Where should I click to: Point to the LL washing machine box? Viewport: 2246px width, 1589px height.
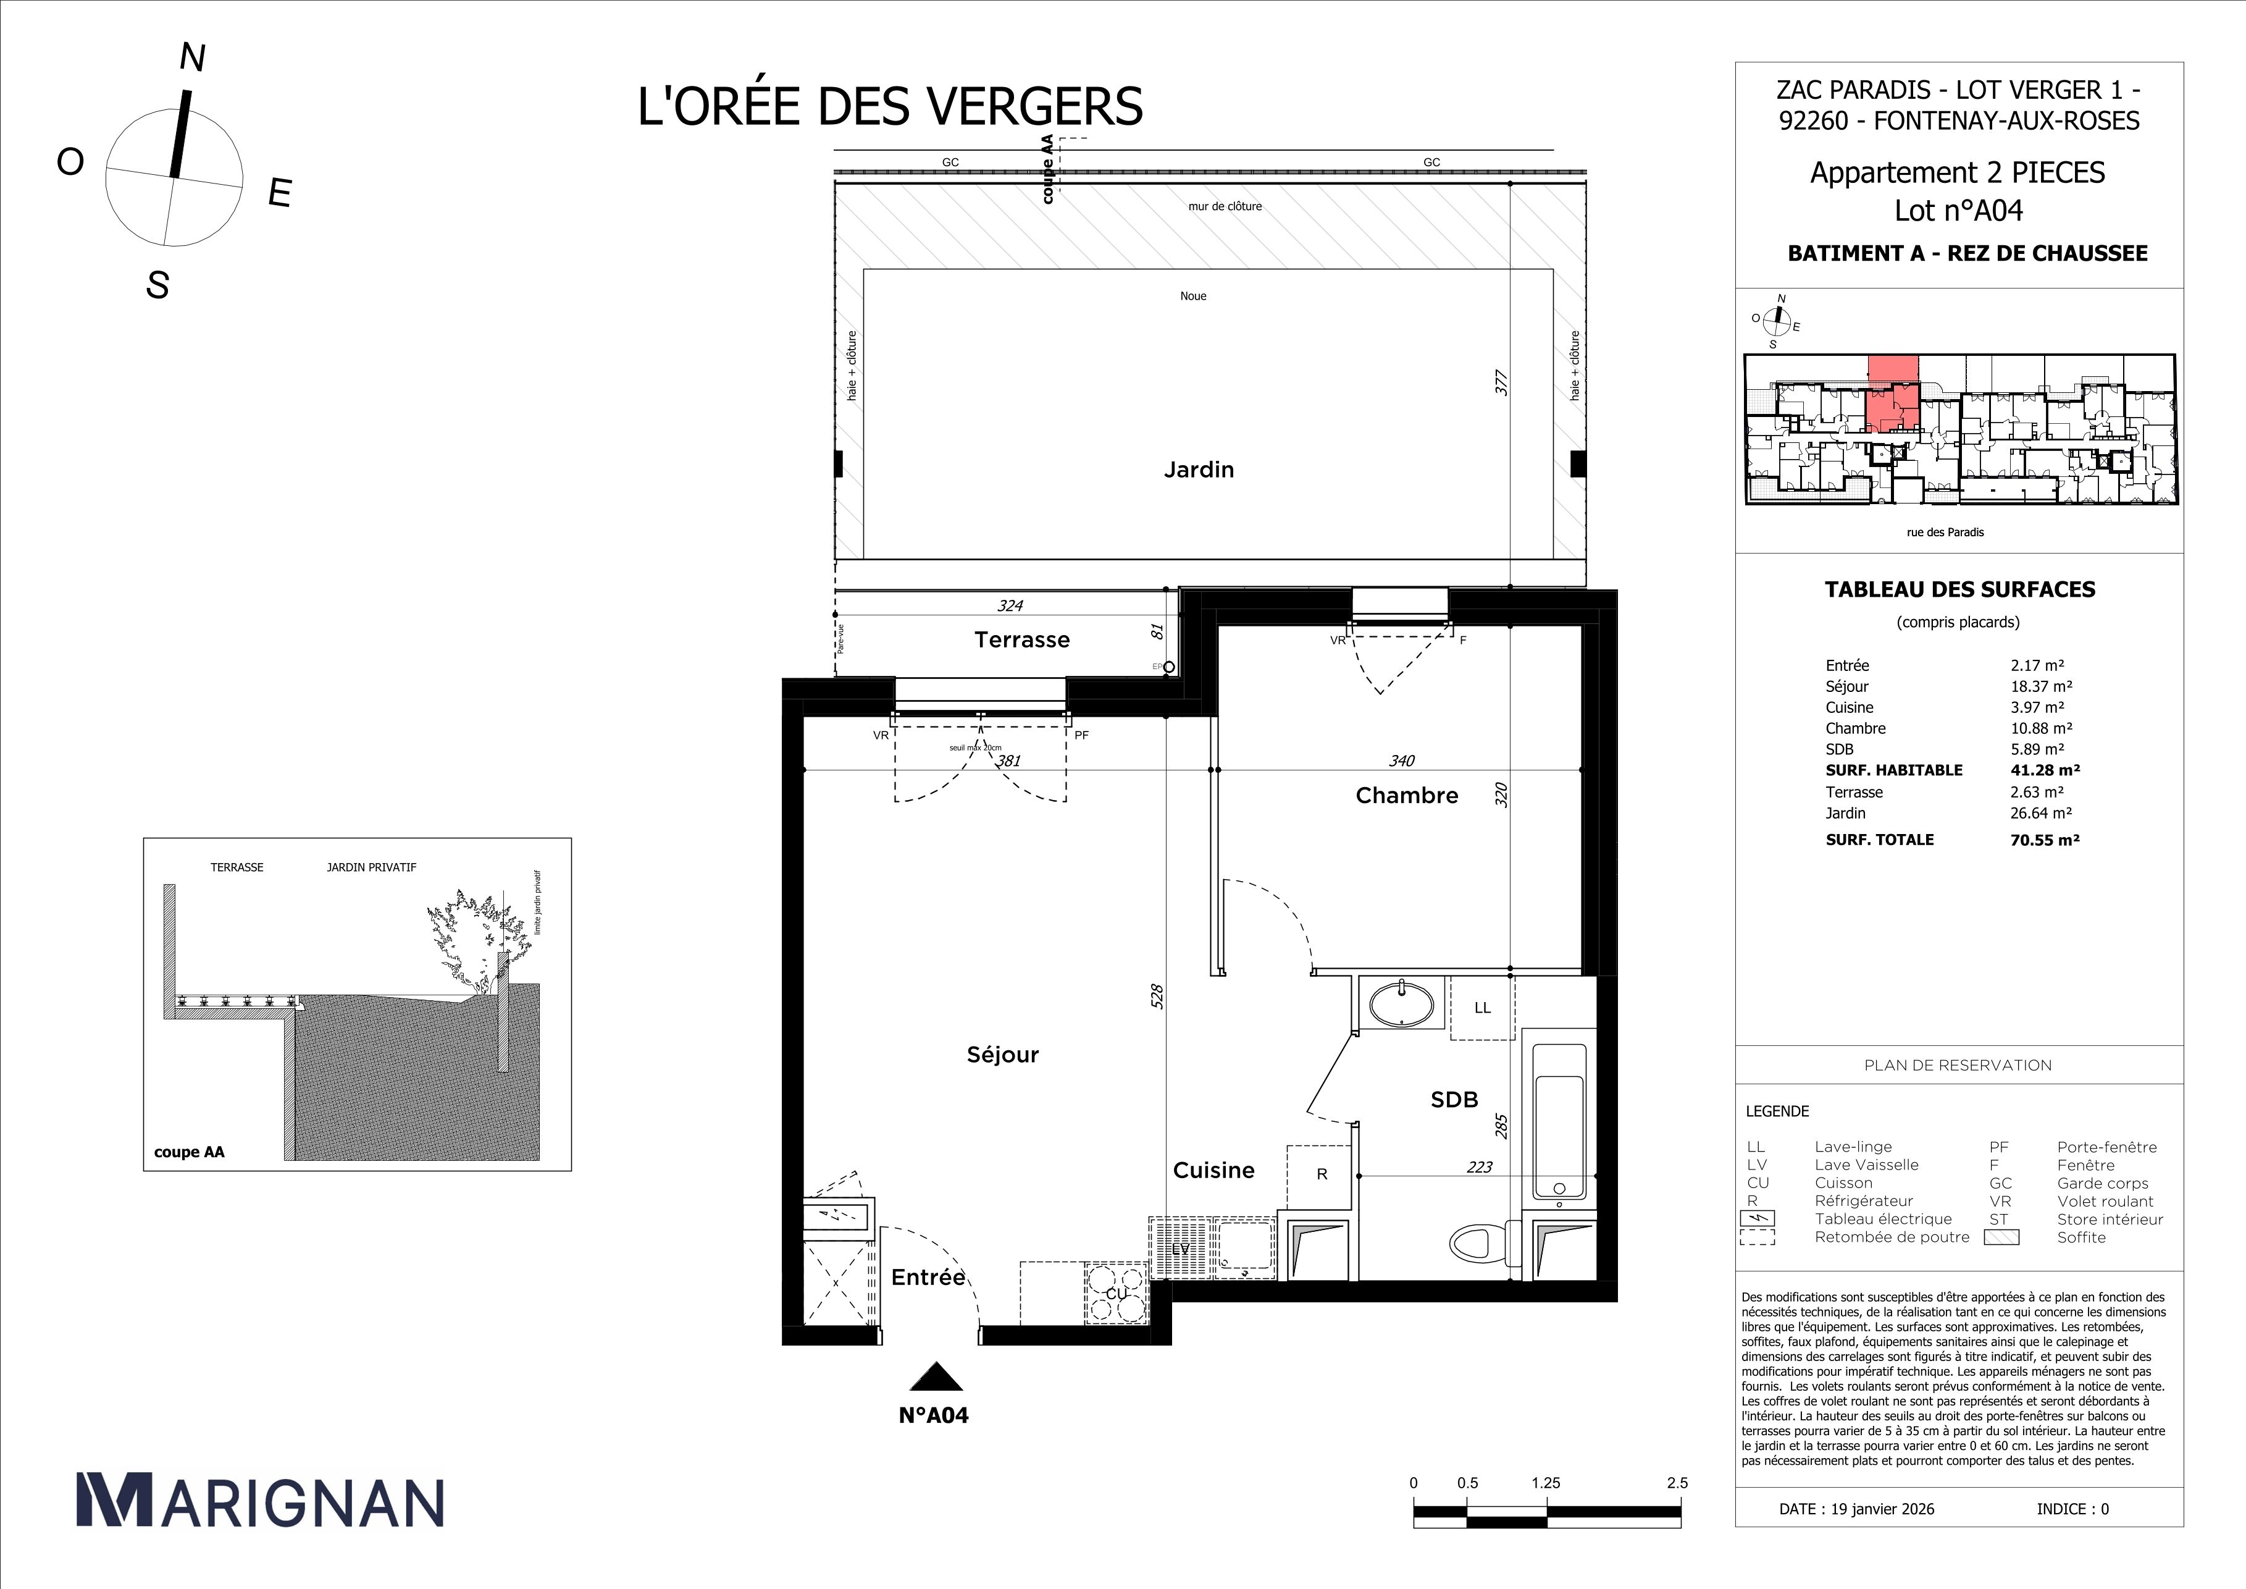coord(1482,1008)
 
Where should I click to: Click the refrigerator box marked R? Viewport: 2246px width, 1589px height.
coord(1320,1174)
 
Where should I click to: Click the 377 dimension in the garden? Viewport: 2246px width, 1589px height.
coord(1502,382)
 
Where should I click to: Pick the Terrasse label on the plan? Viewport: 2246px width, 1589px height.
coord(1021,640)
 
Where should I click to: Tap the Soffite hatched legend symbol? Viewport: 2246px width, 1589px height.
coord(2001,1237)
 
